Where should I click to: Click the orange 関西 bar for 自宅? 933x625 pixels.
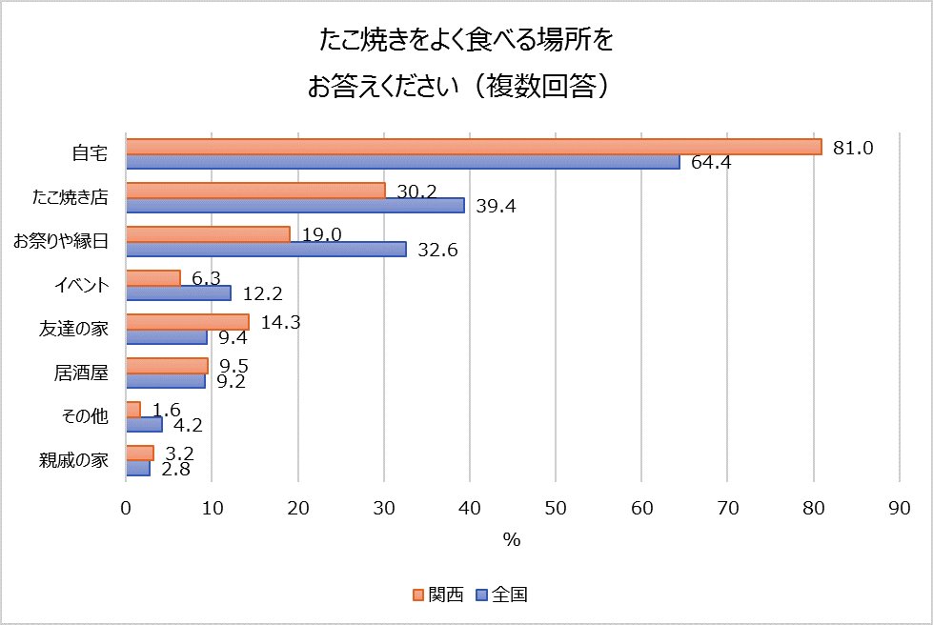(x=473, y=146)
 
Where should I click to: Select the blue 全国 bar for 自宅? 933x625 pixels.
(x=402, y=161)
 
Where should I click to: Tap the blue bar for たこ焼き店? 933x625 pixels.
(x=294, y=205)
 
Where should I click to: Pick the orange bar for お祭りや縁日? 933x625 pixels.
(x=208, y=234)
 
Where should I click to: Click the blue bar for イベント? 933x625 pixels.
(x=178, y=292)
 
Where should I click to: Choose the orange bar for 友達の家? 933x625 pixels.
(x=187, y=322)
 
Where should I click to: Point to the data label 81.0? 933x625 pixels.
(x=853, y=148)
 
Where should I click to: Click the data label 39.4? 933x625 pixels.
(x=496, y=207)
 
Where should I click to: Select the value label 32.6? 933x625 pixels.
(x=437, y=251)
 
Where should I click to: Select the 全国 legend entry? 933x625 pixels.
(x=501, y=595)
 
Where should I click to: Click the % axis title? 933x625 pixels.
(x=512, y=540)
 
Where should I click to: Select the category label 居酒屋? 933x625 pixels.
(x=81, y=373)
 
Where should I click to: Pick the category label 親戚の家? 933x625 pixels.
(x=74, y=461)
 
